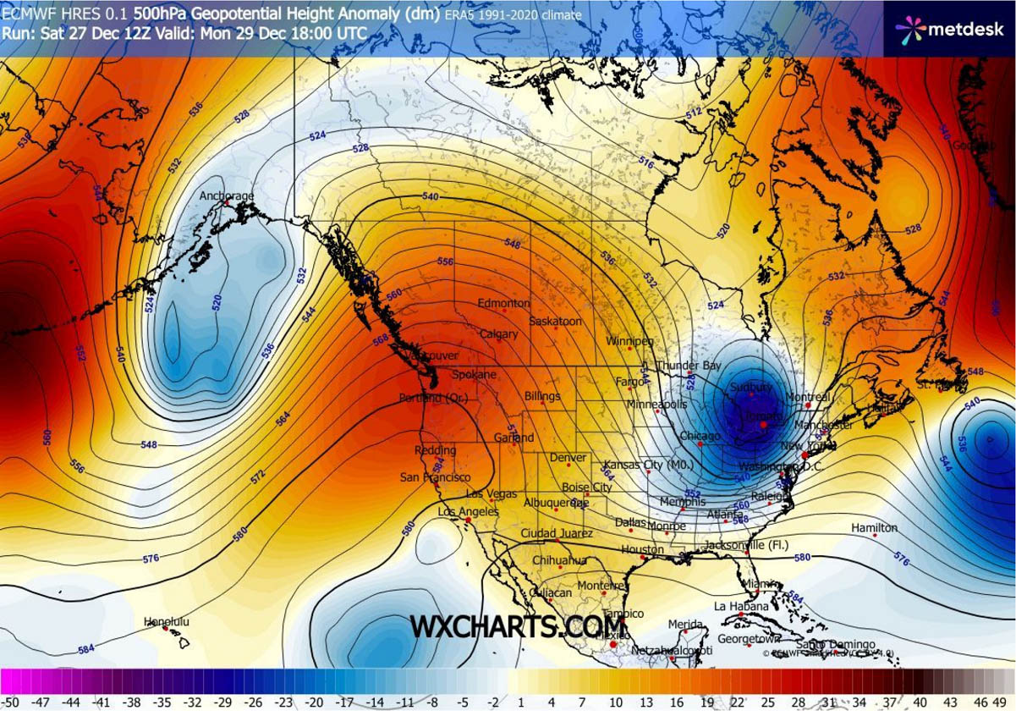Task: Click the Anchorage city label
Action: pos(226,196)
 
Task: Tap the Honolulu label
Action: pos(167,622)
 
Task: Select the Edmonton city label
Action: pos(503,303)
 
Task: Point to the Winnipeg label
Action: pos(629,341)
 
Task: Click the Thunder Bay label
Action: pos(689,366)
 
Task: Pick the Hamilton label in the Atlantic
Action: pos(874,528)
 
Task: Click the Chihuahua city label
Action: pos(559,560)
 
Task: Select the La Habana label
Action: pos(741,606)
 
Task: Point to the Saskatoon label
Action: pos(555,322)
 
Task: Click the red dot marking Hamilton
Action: pos(874,536)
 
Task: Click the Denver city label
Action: pos(568,458)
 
